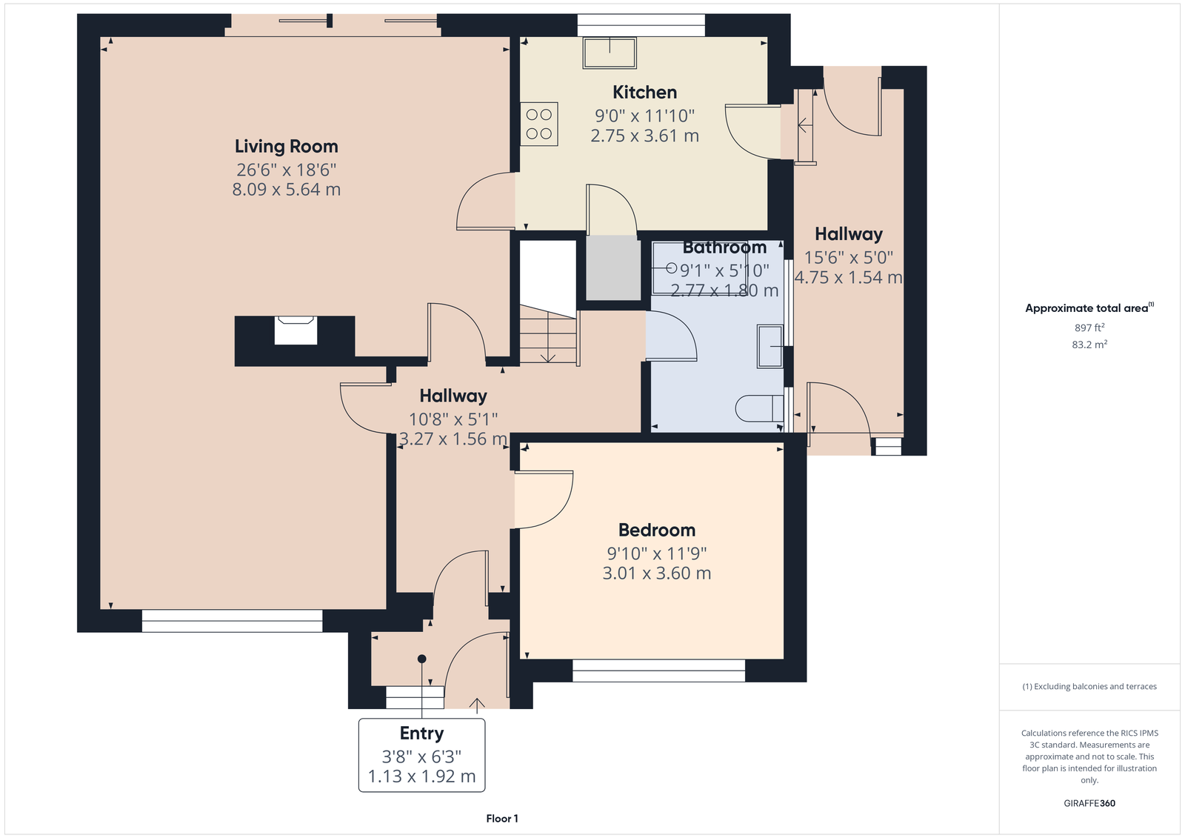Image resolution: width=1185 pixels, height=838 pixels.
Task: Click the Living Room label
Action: (x=286, y=147)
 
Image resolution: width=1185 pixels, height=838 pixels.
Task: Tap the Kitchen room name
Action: (x=644, y=92)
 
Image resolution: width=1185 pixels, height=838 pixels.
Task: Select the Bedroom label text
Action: (x=656, y=530)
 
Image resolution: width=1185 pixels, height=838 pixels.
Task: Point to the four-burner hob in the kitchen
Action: (x=539, y=124)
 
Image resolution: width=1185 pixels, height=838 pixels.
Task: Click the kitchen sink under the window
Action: (x=610, y=53)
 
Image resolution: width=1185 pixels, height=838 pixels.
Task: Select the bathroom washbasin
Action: (x=770, y=346)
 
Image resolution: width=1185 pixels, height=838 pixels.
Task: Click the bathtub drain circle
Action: (x=671, y=268)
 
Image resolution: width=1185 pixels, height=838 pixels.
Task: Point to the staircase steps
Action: (x=548, y=335)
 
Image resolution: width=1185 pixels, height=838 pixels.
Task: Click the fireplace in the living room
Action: (x=296, y=330)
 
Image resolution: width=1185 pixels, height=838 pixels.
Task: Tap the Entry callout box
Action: (x=421, y=755)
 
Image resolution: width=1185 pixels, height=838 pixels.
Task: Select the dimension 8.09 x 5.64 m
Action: (x=286, y=190)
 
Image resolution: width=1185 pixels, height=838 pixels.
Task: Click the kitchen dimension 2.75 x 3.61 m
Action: (x=644, y=136)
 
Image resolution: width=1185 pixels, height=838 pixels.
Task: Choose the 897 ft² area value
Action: (x=1089, y=327)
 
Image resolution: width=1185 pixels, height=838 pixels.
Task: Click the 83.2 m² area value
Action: (x=1089, y=345)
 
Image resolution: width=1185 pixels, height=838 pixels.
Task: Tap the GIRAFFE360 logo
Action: (x=1089, y=803)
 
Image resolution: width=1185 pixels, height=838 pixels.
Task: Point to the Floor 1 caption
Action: (x=502, y=819)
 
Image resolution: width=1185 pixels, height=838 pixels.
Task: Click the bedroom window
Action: (x=658, y=671)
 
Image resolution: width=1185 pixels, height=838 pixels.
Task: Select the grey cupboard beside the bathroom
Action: (x=612, y=268)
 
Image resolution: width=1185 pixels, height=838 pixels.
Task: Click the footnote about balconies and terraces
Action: (x=1089, y=687)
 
